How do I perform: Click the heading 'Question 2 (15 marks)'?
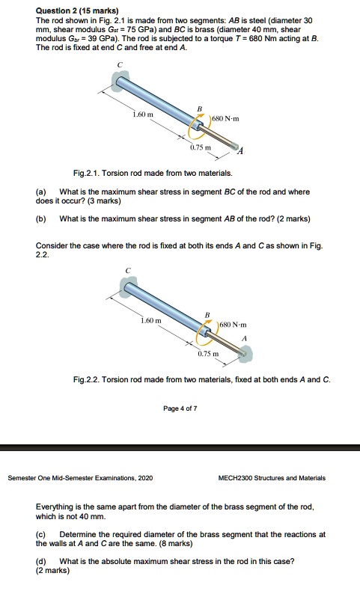coord(73,10)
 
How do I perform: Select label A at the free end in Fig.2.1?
coord(240,152)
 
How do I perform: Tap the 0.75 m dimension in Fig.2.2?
coord(208,353)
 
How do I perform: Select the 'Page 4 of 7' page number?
coord(180,408)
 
